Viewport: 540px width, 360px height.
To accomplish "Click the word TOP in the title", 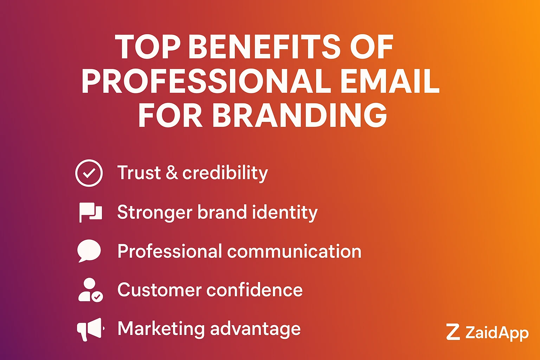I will coord(148,47).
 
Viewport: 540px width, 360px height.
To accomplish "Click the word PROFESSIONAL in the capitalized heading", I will coord(206,81).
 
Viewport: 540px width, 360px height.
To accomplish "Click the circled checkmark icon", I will coord(89,173).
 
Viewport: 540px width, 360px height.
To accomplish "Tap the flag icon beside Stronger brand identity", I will coord(90,212).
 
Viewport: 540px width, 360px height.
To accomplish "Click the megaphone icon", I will coord(90,329).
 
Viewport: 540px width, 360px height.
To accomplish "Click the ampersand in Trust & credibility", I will coord(172,173).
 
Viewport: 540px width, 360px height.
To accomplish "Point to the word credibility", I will coord(225,173).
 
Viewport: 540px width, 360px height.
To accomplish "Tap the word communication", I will coord(294,251).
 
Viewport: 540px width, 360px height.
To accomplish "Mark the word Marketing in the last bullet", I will coord(161,329).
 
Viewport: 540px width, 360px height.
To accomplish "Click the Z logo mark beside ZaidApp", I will coord(453,332).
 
